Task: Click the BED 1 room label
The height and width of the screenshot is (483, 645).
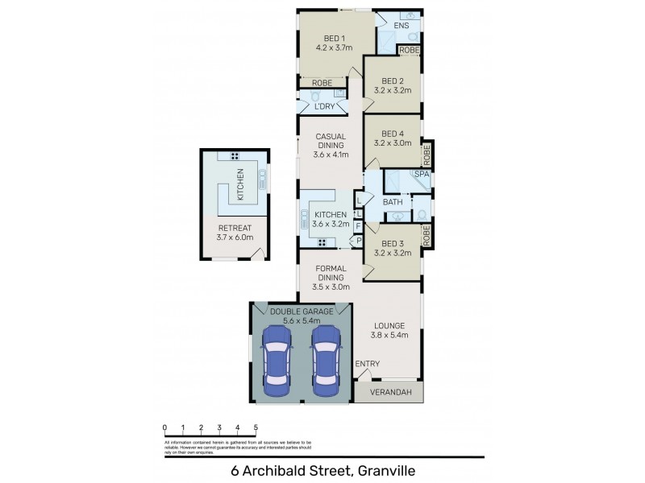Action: [334, 37]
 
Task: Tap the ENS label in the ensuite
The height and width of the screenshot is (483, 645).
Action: [402, 26]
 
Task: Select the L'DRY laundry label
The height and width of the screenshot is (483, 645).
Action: [324, 106]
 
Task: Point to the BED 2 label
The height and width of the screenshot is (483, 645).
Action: [393, 80]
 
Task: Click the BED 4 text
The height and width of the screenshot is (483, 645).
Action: [393, 134]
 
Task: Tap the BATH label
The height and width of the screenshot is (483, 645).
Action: [393, 201]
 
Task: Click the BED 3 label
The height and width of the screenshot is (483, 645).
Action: [393, 243]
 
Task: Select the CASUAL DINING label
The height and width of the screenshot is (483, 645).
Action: [331, 141]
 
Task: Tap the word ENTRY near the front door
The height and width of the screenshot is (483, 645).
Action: [368, 364]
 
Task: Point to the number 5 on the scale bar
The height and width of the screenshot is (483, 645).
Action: [256, 427]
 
